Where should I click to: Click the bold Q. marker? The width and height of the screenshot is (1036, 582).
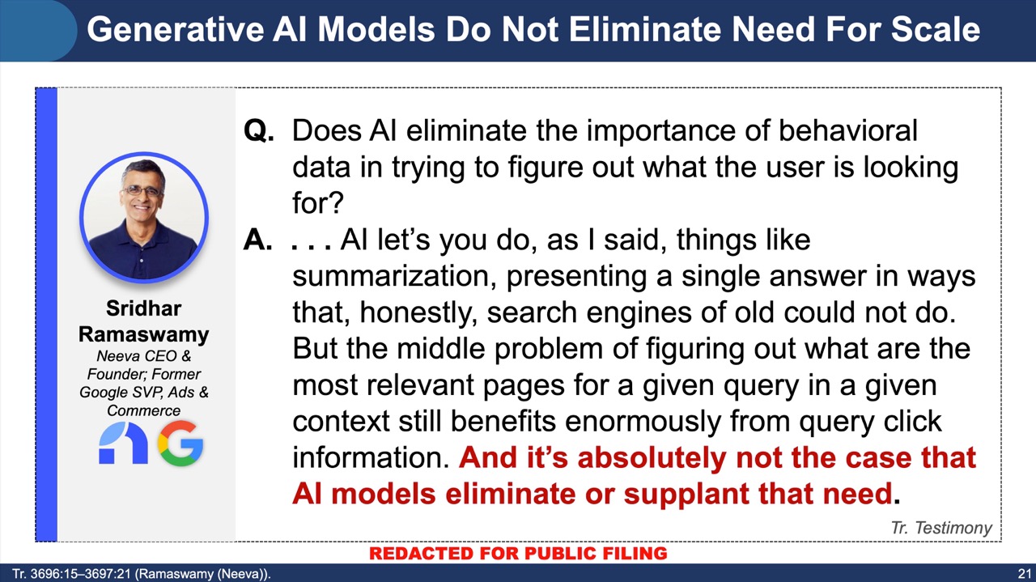[259, 131]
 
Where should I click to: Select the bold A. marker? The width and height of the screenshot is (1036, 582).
[258, 240]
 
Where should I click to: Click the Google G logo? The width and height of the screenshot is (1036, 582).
[180, 444]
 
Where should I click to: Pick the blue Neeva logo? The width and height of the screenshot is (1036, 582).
[123, 444]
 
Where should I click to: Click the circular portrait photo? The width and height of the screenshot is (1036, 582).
[144, 218]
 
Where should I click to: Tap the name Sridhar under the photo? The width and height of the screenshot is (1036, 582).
[144, 308]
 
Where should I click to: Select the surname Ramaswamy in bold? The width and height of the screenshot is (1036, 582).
[144, 334]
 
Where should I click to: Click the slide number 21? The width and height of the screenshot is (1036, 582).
[1024, 574]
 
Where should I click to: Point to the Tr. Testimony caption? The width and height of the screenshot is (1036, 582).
[941, 528]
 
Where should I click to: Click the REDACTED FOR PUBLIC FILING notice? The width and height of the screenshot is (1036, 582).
[518, 554]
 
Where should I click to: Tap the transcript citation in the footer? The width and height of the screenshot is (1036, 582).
[142, 574]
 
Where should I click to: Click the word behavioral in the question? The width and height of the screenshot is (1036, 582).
[848, 130]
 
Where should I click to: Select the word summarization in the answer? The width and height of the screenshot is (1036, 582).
[395, 277]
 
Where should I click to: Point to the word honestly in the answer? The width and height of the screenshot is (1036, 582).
[418, 313]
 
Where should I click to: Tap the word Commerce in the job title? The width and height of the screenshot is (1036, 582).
[144, 410]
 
